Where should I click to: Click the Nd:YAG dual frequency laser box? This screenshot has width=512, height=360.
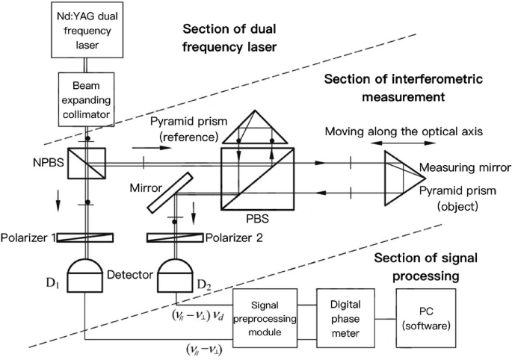(87, 30)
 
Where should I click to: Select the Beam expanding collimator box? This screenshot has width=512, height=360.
(86, 99)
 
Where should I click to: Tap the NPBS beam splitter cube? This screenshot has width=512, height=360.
(87, 163)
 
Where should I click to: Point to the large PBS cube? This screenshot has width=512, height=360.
(258, 179)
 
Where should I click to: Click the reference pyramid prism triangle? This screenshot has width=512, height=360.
(255, 127)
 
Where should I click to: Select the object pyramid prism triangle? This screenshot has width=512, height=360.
(405, 179)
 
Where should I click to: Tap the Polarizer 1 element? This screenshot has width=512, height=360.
(85, 238)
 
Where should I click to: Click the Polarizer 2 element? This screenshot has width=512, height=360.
(175, 238)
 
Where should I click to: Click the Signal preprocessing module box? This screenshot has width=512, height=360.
(265, 318)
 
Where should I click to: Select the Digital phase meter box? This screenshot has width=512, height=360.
(345, 318)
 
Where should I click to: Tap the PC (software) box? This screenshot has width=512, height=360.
(426, 318)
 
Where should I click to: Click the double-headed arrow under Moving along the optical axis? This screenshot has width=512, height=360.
(404, 143)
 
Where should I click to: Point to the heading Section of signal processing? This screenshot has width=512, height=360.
(425, 267)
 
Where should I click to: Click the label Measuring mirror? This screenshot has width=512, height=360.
(465, 167)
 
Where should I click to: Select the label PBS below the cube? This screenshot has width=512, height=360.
(258, 218)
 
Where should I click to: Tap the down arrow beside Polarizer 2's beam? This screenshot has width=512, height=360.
(194, 212)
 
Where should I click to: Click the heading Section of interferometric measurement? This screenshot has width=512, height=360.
(404, 88)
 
